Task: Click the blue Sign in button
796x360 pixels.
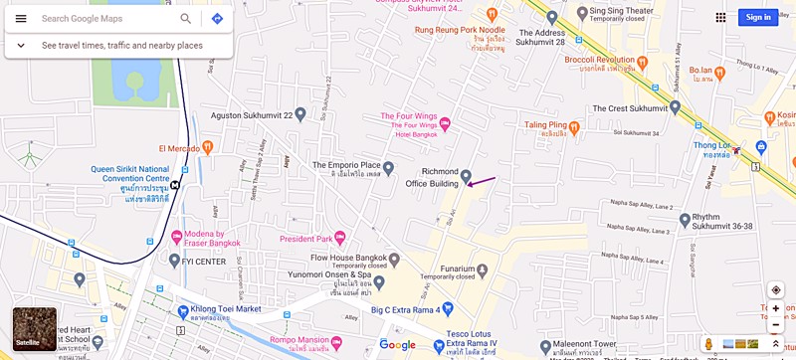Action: (x=758, y=17)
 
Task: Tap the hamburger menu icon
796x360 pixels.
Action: (x=21, y=18)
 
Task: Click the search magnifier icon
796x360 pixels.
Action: (x=186, y=18)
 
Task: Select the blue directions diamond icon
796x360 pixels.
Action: (x=217, y=18)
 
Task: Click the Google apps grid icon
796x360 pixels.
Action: (x=720, y=17)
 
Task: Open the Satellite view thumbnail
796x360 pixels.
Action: (x=34, y=329)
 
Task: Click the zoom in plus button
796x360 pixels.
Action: (x=776, y=308)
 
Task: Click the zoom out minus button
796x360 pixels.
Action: (x=776, y=324)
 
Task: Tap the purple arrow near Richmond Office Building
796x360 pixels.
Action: (x=482, y=181)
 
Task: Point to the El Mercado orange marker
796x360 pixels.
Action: (x=207, y=147)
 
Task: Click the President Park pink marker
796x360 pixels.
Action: (x=339, y=238)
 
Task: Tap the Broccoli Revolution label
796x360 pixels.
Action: (x=600, y=60)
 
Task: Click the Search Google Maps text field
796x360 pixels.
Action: (x=104, y=18)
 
